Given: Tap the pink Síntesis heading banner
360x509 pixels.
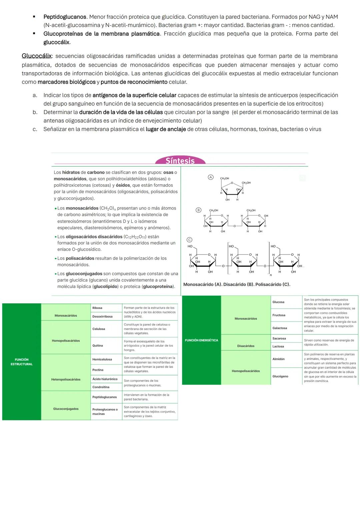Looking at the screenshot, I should point(180,161).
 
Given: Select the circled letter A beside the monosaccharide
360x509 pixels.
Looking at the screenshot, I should point(210,177).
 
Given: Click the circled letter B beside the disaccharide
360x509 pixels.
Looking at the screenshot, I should point(198,210).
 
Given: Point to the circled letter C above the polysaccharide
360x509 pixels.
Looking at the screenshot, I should point(189,240).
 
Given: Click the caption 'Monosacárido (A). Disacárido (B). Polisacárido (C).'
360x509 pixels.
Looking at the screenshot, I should point(237,284).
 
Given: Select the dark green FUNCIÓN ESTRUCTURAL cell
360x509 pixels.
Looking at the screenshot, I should point(21,362).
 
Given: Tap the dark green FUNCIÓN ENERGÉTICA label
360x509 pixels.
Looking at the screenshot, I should point(201,340).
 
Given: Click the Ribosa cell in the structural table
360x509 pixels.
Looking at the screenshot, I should point(97,308).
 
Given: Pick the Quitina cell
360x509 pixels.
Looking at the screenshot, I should point(98,346).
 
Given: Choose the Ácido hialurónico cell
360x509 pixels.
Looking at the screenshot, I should point(105,379).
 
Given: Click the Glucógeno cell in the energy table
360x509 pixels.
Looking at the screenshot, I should point(280,376).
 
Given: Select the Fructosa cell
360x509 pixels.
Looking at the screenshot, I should point(279,315).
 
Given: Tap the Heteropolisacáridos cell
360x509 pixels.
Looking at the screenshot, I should point(66,379).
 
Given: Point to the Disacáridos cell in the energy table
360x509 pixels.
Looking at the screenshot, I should point(246,346).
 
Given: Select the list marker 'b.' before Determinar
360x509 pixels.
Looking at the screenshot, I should point(35,112).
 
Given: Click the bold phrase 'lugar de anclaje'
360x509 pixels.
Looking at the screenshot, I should point(166,129).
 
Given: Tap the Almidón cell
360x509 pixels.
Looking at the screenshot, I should point(278,359).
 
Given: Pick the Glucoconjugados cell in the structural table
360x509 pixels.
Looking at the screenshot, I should point(66,409).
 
